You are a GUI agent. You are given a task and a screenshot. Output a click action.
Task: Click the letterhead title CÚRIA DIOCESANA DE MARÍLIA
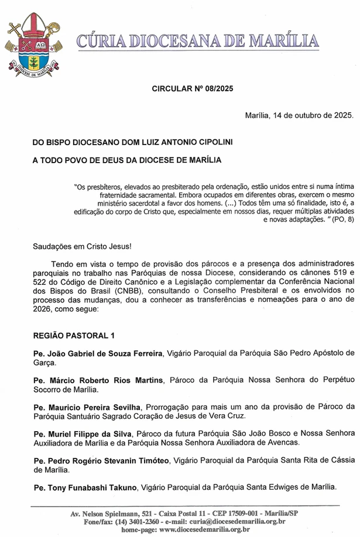198,41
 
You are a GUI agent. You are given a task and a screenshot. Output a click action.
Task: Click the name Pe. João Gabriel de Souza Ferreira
98,353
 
